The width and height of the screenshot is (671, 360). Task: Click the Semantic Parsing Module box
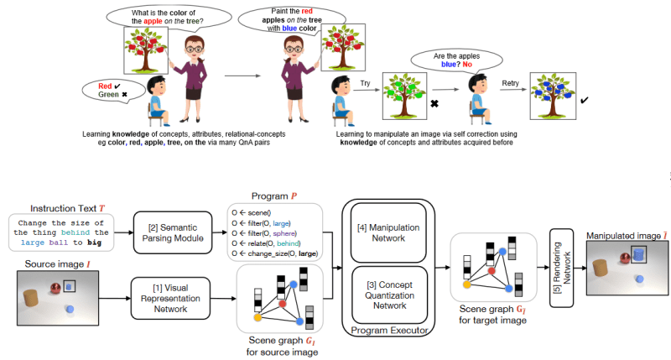173,232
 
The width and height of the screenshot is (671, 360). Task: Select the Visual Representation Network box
170,299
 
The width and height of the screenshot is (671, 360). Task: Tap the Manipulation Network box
388,232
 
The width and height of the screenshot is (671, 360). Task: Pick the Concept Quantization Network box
389,295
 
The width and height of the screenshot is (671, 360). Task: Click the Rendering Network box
561,268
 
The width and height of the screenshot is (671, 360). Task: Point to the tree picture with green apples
404,96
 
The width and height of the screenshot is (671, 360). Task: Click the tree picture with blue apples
553,96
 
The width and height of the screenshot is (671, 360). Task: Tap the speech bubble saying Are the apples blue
456,60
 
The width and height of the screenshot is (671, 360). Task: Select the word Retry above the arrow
510,83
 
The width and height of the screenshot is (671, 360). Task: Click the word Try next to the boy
365,83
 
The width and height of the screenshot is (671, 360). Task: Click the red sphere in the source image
55,288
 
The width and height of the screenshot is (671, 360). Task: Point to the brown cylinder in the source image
30,298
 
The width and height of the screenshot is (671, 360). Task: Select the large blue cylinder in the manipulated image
638,255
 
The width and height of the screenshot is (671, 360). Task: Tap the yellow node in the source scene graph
257,317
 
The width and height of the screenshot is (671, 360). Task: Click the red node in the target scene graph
492,270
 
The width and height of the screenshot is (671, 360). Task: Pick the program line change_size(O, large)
275,253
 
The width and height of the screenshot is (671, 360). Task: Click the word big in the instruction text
94,243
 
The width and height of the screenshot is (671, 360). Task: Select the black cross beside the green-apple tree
434,103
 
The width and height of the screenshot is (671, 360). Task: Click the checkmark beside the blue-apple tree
584,100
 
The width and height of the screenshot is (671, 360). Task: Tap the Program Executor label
389,330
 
